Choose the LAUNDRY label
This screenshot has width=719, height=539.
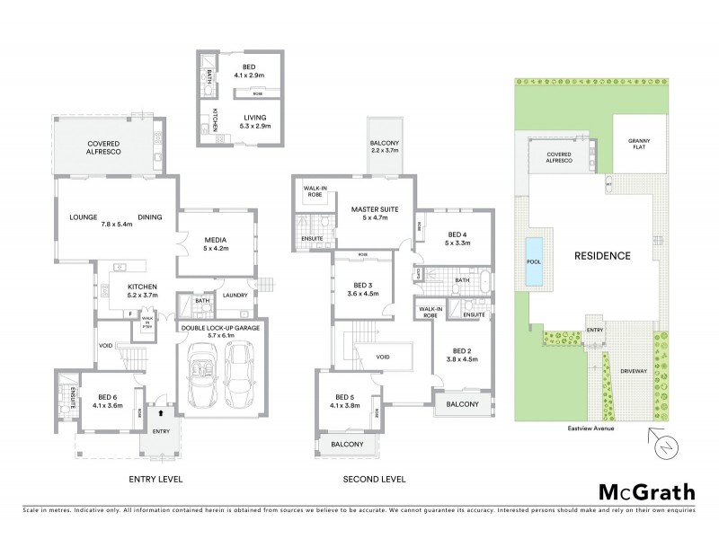pos(235,294)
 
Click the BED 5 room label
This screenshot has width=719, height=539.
pos(348,401)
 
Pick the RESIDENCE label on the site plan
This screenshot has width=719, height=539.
pos(604,255)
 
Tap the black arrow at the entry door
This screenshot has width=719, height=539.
pos(159,414)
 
